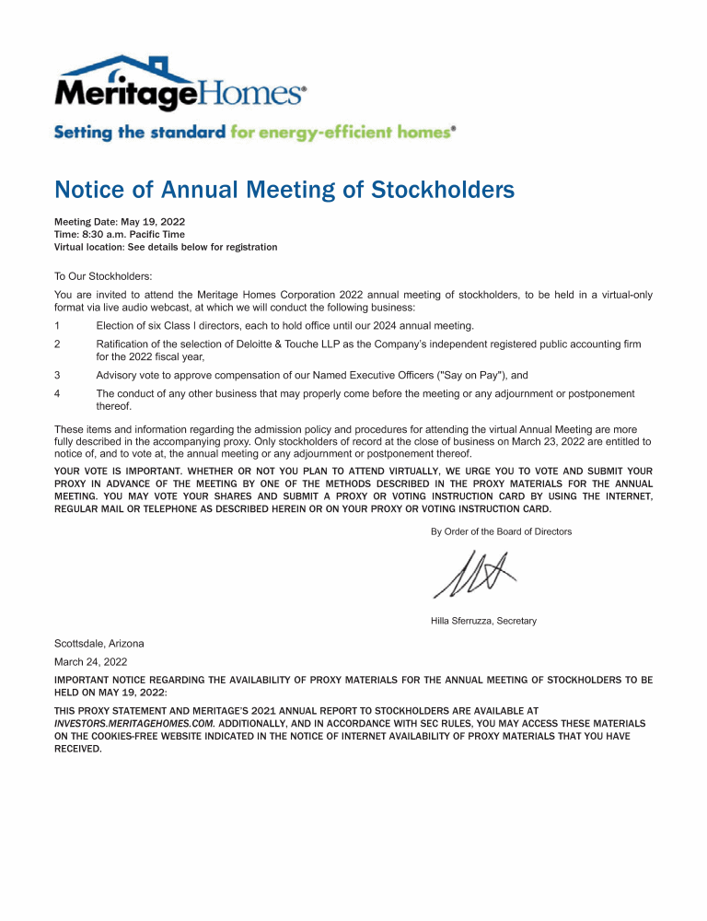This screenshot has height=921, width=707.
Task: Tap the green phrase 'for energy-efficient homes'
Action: pos(342,132)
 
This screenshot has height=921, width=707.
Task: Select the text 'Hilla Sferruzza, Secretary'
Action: pos(483,621)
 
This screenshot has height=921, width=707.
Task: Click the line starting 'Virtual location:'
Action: pos(166,247)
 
